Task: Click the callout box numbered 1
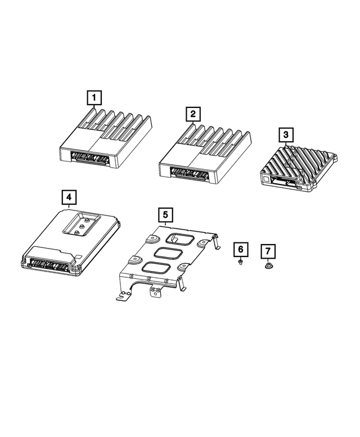coord(94,98)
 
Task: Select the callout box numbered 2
coord(193,115)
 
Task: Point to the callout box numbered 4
coord(67,197)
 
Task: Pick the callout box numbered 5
coord(165,214)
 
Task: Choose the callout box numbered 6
coord(240,249)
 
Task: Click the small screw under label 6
coord(240,262)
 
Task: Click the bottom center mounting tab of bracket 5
coord(155,291)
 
